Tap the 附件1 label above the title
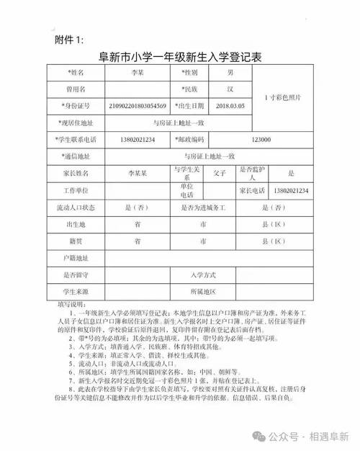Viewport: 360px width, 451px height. coord(70,39)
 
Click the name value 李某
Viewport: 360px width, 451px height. coord(138,73)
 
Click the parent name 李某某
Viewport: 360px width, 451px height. coord(137,174)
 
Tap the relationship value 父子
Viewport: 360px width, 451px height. coord(220,174)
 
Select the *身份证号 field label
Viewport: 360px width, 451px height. coord(76,106)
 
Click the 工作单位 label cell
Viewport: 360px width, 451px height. coord(76,191)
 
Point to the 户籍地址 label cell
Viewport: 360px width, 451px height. coord(76,258)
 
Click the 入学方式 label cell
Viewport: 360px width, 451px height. coord(203,275)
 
